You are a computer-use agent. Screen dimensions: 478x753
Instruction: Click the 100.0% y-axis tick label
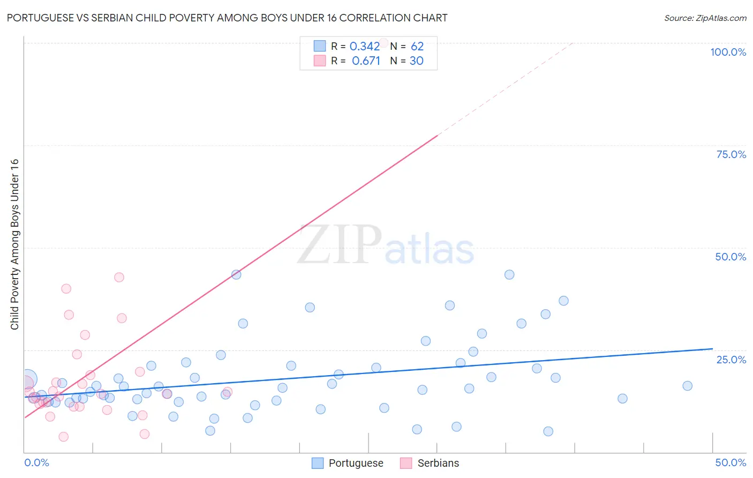click(x=728, y=52)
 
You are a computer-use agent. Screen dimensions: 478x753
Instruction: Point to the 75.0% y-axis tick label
click(x=731, y=154)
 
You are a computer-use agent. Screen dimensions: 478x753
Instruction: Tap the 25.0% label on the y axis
click(x=731, y=360)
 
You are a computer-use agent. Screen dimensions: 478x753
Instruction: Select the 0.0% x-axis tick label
click(x=36, y=462)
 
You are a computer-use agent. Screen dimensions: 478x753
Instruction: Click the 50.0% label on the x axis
click(x=730, y=462)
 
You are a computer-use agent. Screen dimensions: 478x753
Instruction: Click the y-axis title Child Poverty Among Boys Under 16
click(x=14, y=244)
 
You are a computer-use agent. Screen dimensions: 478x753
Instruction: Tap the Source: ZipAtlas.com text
click(x=705, y=18)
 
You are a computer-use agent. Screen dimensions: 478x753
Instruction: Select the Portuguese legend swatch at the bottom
click(x=318, y=463)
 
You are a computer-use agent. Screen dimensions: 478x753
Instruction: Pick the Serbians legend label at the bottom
click(x=438, y=463)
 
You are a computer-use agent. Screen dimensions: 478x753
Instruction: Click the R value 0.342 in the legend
click(x=364, y=47)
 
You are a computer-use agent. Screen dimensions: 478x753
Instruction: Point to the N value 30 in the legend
click(x=416, y=61)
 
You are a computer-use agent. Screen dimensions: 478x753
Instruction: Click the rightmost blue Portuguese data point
click(x=687, y=386)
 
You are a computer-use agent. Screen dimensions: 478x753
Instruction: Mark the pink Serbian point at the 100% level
click(x=383, y=42)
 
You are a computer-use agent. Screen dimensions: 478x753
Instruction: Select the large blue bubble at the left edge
click(x=27, y=379)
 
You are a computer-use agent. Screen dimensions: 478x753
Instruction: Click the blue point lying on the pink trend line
click(x=236, y=274)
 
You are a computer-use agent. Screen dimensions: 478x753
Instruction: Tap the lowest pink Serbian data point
click(x=63, y=437)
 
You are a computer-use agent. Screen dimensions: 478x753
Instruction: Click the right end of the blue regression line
click(x=712, y=349)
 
